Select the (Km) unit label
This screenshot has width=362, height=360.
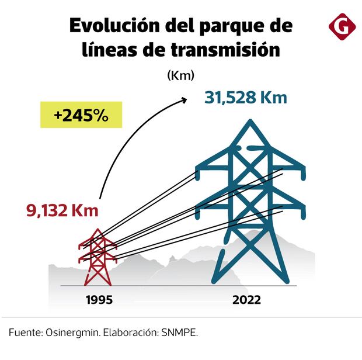180,75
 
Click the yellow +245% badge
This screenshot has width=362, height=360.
81,115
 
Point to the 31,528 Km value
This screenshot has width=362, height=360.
246,97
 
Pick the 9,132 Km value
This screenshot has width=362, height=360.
62,210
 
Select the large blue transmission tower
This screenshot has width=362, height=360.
251,205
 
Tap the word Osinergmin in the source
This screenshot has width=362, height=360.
72,333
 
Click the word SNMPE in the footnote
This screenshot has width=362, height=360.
182,333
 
